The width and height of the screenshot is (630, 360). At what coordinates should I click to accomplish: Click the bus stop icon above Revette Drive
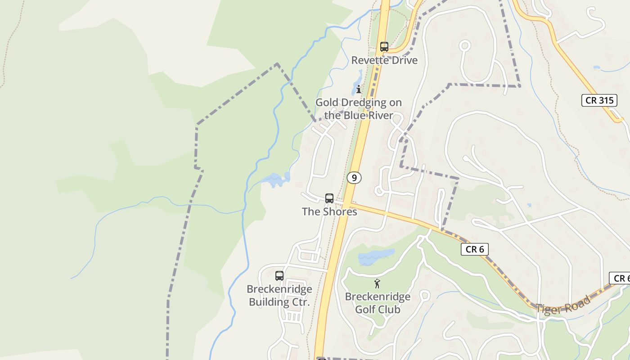pyautogui.click(x=384, y=46)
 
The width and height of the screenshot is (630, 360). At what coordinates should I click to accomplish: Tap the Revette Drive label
pyautogui.click(x=384, y=60)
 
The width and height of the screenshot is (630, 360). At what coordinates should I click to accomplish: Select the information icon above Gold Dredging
pyautogui.click(x=359, y=89)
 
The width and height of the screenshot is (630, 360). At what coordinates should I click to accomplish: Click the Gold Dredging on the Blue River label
pyautogui.click(x=359, y=109)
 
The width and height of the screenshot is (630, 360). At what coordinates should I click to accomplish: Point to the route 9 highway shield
pyautogui.click(x=354, y=178)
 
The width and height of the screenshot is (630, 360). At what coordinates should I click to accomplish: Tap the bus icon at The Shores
pyautogui.click(x=329, y=198)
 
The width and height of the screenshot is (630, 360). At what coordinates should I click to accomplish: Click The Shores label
pyautogui.click(x=329, y=211)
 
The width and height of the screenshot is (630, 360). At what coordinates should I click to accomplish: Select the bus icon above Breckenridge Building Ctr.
pyautogui.click(x=279, y=275)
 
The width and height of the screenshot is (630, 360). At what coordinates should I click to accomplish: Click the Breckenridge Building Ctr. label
pyautogui.click(x=279, y=295)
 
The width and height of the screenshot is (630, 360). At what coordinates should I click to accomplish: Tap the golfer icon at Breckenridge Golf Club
pyautogui.click(x=377, y=283)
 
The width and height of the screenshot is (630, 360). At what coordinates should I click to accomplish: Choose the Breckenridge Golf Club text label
pyautogui.click(x=378, y=303)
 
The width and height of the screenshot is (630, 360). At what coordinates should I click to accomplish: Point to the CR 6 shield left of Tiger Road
pyautogui.click(x=474, y=249)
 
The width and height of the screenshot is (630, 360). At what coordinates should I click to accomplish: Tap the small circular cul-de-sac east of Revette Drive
pyautogui.click(x=465, y=45)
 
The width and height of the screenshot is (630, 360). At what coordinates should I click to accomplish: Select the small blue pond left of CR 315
pyautogui.click(x=597, y=67)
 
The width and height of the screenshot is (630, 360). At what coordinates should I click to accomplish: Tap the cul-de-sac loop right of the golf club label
pyautogui.click(x=424, y=296)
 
